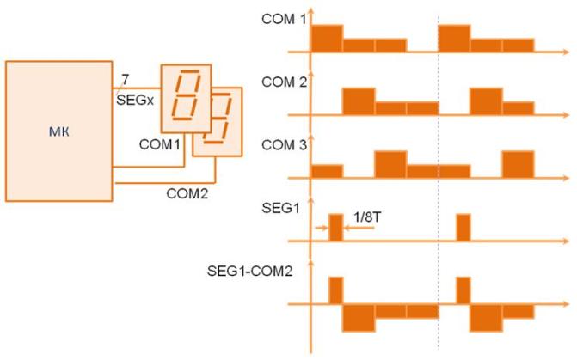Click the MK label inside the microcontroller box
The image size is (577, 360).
[58, 131]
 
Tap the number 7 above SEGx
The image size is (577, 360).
[126, 79]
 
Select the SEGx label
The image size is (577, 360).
[135, 100]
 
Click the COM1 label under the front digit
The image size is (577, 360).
[160, 144]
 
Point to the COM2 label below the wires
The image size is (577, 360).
[187, 193]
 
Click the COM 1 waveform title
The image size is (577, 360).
[284, 19]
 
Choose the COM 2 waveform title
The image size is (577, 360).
[284, 82]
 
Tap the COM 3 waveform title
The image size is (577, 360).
[284, 145]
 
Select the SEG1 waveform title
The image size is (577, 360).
[281, 208]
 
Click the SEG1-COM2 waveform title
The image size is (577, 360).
[250, 271]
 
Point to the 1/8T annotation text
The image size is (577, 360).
[367, 217]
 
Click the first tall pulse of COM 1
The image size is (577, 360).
[327, 39]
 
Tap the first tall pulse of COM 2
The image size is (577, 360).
[359, 101]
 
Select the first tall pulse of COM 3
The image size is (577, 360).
[390, 164]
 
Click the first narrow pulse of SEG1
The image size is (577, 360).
[335, 228]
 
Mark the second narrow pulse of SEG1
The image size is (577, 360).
[463, 228]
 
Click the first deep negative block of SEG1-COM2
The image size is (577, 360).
[359, 318]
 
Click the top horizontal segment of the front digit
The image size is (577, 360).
[191, 71]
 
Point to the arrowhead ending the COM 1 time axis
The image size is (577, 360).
[566, 52]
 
